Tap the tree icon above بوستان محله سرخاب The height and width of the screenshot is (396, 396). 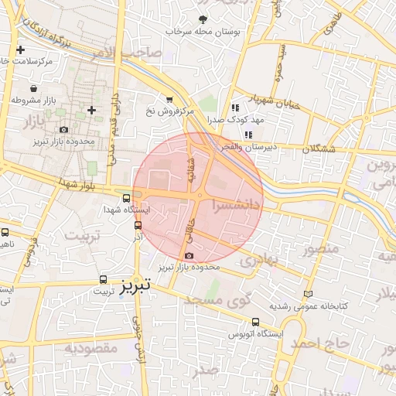pyautogui.click(x=203, y=19)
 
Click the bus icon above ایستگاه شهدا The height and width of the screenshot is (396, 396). pyautogui.click(x=127, y=197)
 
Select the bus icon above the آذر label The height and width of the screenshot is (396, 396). pyautogui.click(x=138, y=225)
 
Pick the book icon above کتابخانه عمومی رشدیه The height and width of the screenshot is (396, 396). pyautogui.click(x=309, y=294)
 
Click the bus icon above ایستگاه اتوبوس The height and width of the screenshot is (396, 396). pyautogui.click(x=256, y=323)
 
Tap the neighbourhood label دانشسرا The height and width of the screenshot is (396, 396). pyautogui.click(x=237, y=206)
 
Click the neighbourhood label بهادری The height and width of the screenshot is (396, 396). pyautogui.click(x=257, y=261)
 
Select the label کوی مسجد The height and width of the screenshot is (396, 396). pyautogui.click(x=244, y=300)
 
